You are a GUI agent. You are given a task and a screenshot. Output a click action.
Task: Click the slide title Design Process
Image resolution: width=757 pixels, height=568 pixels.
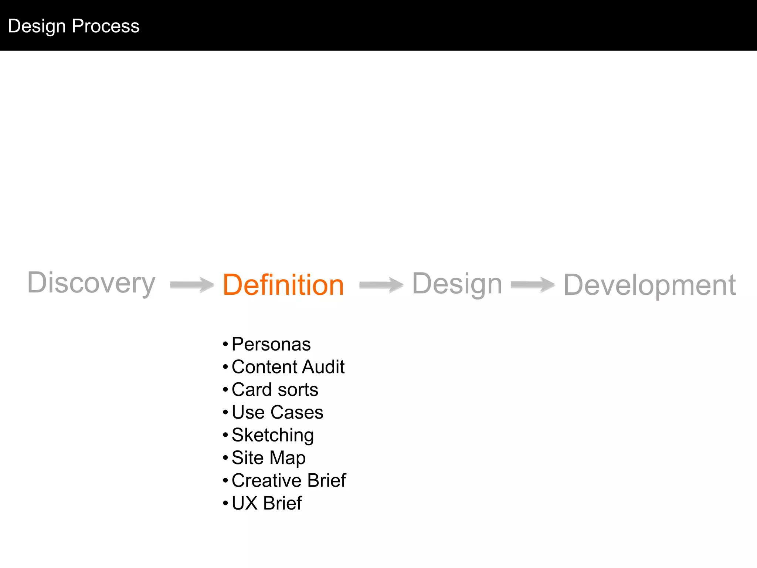tap(74, 26)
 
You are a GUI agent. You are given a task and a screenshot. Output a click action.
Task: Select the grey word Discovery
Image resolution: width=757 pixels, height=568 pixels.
tap(91, 283)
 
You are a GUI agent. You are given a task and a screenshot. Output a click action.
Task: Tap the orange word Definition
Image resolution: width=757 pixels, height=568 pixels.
tap(283, 285)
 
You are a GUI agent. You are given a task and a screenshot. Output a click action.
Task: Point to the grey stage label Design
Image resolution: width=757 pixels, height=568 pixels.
tap(457, 284)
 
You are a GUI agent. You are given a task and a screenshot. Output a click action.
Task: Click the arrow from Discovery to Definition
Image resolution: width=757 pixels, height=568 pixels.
tap(192, 285)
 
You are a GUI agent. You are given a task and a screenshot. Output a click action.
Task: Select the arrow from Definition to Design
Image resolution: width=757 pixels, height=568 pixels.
tap(381, 285)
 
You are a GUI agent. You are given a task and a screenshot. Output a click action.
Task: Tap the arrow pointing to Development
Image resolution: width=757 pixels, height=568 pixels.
tap(533, 285)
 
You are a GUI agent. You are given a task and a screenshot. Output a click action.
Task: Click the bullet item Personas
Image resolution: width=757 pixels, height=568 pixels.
tap(271, 344)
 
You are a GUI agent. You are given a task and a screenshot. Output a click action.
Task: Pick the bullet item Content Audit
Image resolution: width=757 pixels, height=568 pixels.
tap(288, 367)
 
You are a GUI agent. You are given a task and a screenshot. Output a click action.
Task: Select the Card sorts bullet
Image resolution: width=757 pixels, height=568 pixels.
tap(275, 390)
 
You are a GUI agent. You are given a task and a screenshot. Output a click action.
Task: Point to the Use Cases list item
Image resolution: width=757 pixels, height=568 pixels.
tap(277, 412)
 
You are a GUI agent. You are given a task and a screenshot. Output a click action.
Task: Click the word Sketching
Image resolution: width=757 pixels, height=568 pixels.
tap(273, 435)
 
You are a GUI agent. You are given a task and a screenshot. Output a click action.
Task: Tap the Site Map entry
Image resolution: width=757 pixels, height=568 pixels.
tap(268, 458)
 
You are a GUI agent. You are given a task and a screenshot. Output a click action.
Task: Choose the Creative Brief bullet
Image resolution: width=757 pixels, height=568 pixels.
tap(289, 480)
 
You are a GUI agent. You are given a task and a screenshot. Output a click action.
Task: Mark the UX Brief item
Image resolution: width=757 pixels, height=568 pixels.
tap(267, 503)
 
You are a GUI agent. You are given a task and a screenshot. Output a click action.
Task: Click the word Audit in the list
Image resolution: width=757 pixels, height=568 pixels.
tap(323, 367)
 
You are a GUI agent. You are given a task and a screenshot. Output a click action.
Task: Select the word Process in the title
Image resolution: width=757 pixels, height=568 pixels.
tap(106, 26)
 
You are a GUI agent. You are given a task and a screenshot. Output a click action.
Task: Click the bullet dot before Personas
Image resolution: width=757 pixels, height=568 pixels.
tap(225, 345)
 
